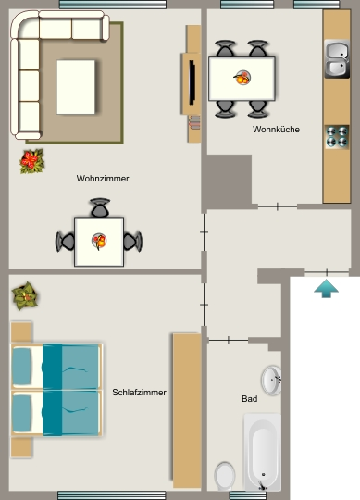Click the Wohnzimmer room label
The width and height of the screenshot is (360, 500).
(x=103, y=179)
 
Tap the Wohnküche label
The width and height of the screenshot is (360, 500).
(x=276, y=129)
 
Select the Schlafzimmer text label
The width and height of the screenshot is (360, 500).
(x=139, y=393)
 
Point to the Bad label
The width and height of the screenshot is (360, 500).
(x=250, y=398)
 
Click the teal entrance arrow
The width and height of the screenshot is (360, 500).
(x=326, y=289)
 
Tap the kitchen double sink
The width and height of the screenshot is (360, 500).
(x=337, y=59)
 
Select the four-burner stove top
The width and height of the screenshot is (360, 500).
(x=337, y=137)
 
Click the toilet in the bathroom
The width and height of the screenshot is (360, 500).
(x=225, y=476)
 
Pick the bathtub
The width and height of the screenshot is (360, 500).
(x=263, y=452)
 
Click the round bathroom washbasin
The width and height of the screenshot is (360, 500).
(x=271, y=381)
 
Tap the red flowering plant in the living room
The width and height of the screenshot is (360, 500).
(x=31, y=161)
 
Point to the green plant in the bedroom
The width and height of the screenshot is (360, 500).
(x=25, y=296)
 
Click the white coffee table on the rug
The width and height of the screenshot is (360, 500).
(x=76, y=87)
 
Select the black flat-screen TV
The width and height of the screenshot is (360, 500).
(x=192, y=82)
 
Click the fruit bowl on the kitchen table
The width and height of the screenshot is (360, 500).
(x=242, y=78)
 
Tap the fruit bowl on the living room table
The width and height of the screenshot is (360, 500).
(x=99, y=241)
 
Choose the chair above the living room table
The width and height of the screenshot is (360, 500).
(x=100, y=207)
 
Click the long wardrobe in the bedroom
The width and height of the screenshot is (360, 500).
(x=187, y=411)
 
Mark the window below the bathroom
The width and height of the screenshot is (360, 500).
(x=247, y=495)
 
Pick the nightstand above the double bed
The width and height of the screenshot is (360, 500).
(x=21, y=332)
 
